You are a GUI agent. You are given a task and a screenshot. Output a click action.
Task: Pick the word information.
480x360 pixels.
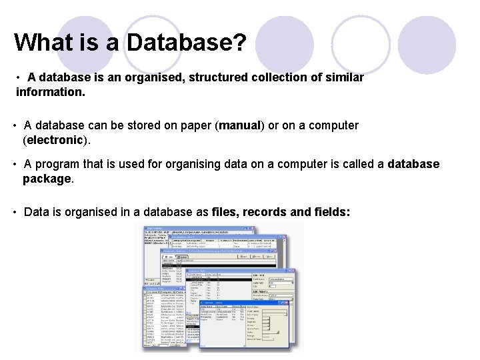coord(51,93)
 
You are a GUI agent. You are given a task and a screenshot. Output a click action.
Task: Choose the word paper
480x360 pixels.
coord(195,125)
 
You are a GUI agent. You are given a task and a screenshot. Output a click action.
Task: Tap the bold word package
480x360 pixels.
coord(47,179)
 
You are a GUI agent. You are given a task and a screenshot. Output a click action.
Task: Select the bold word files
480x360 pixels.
coord(225,212)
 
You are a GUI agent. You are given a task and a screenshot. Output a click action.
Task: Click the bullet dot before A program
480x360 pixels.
coord(15,164)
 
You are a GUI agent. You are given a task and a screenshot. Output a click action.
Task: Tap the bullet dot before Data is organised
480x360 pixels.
coord(15,212)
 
